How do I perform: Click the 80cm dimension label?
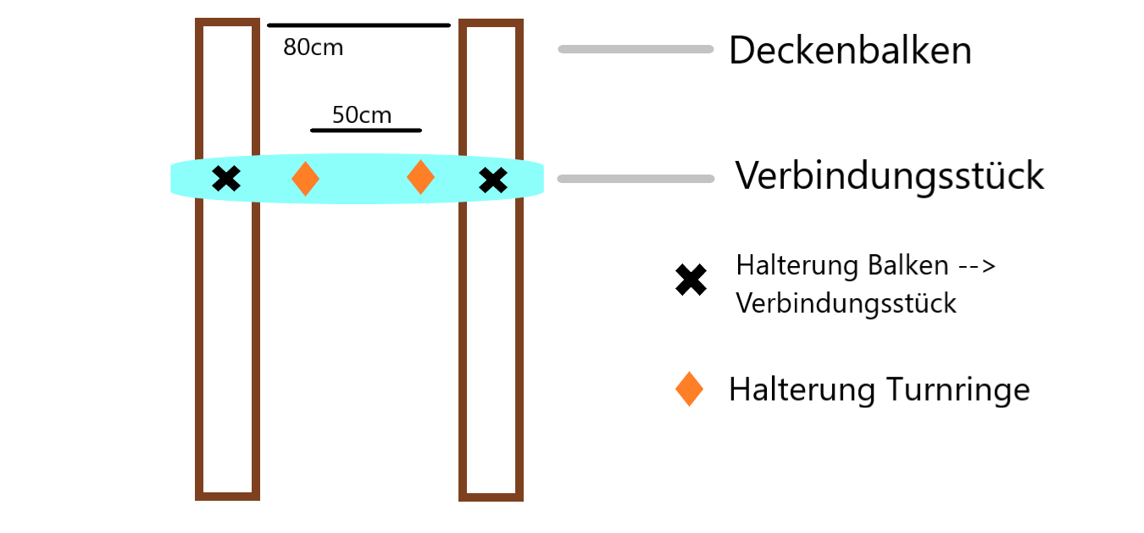(x=313, y=48)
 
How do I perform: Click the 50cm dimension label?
(x=362, y=115)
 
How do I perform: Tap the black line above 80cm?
(x=358, y=25)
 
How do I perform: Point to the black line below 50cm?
(x=365, y=130)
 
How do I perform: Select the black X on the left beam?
(x=226, y=179)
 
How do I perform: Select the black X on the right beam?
(x=492, y=180)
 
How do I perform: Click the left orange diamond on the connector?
(x=305, y=179)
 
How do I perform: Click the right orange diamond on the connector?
(x=420, y=177)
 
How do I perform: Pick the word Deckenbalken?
(x=850, y=51)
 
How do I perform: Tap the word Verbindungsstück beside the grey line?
(x=889, y=176)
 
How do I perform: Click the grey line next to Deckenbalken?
(x=636, y=49)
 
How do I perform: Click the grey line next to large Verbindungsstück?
(x=636, y=179)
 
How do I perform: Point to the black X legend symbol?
(x=691, y=280)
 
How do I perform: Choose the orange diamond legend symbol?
(x=689, y=389)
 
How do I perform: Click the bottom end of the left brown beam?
(x=227, y=495)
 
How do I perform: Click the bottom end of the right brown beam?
(x=491, y=497)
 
